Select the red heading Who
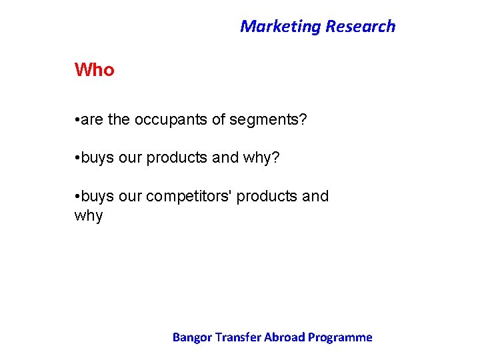[x=94, y=70]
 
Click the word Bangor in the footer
[x=191, y=337]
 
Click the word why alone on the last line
[x=89, y=216]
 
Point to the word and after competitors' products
[x=315, y=197]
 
